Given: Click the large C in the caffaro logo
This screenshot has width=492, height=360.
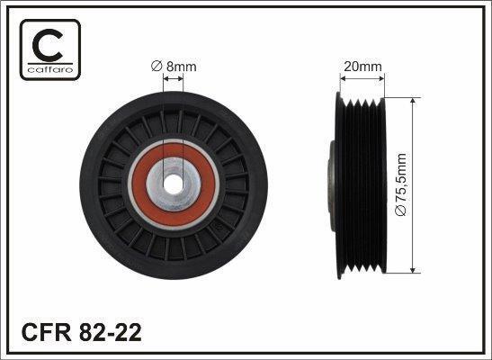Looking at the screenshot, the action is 47,46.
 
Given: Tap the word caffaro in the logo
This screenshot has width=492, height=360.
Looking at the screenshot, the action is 50,69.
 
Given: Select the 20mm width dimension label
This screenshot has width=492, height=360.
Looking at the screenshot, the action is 362,67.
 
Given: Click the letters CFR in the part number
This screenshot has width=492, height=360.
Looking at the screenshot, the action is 47,333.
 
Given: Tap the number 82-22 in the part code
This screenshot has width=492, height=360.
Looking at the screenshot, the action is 111,333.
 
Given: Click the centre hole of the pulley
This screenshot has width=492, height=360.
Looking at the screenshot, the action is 173,184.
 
